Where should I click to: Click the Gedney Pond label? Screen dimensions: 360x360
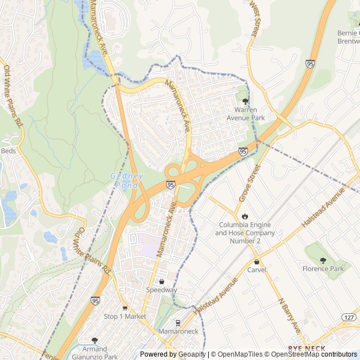coord(126,181)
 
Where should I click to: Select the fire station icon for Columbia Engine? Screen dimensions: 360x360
coord(245,216)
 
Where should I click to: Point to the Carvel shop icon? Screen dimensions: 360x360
coord(256,262)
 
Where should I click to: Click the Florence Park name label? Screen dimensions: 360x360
coord(323,269)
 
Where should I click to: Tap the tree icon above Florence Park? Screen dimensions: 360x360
coord(323,260)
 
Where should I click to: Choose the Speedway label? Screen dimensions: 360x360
coord(161,290)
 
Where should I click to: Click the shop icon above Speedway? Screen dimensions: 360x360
coord(161,281)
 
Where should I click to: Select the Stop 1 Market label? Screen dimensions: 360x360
coord(125,317)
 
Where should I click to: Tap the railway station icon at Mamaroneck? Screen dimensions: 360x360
coord(178,323)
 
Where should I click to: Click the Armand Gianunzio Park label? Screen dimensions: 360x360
coord(94,352)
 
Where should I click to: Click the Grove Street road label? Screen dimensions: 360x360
coord(251,181)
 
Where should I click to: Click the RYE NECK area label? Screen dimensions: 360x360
coord(307,349)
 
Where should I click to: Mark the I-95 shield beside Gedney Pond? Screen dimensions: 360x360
coord(170,184)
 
